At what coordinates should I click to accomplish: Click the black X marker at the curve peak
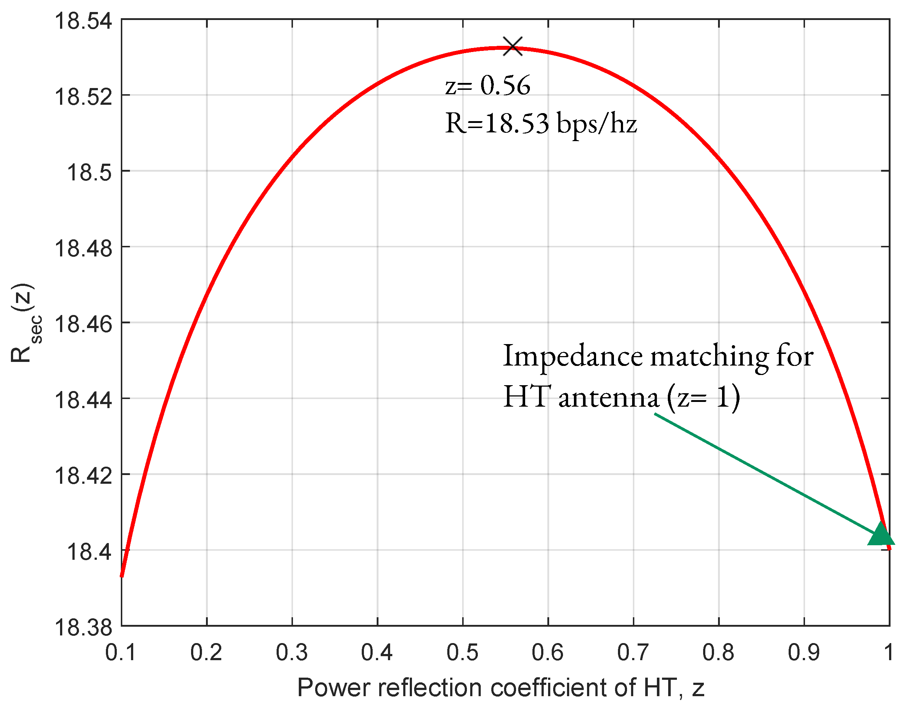(512, 46)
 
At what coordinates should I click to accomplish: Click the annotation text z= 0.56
(487, 85)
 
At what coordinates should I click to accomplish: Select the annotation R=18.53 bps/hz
(540, 123)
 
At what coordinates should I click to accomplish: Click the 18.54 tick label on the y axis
(83, 21)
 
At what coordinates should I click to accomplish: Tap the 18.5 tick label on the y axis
(89, 172)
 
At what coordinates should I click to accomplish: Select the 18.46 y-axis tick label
(83, 324)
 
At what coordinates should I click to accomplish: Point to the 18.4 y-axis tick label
(89, 552)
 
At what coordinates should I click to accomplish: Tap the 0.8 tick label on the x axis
(718, 652)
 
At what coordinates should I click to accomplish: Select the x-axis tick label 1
(888, 652)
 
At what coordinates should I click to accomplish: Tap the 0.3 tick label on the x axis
(292, 652)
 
